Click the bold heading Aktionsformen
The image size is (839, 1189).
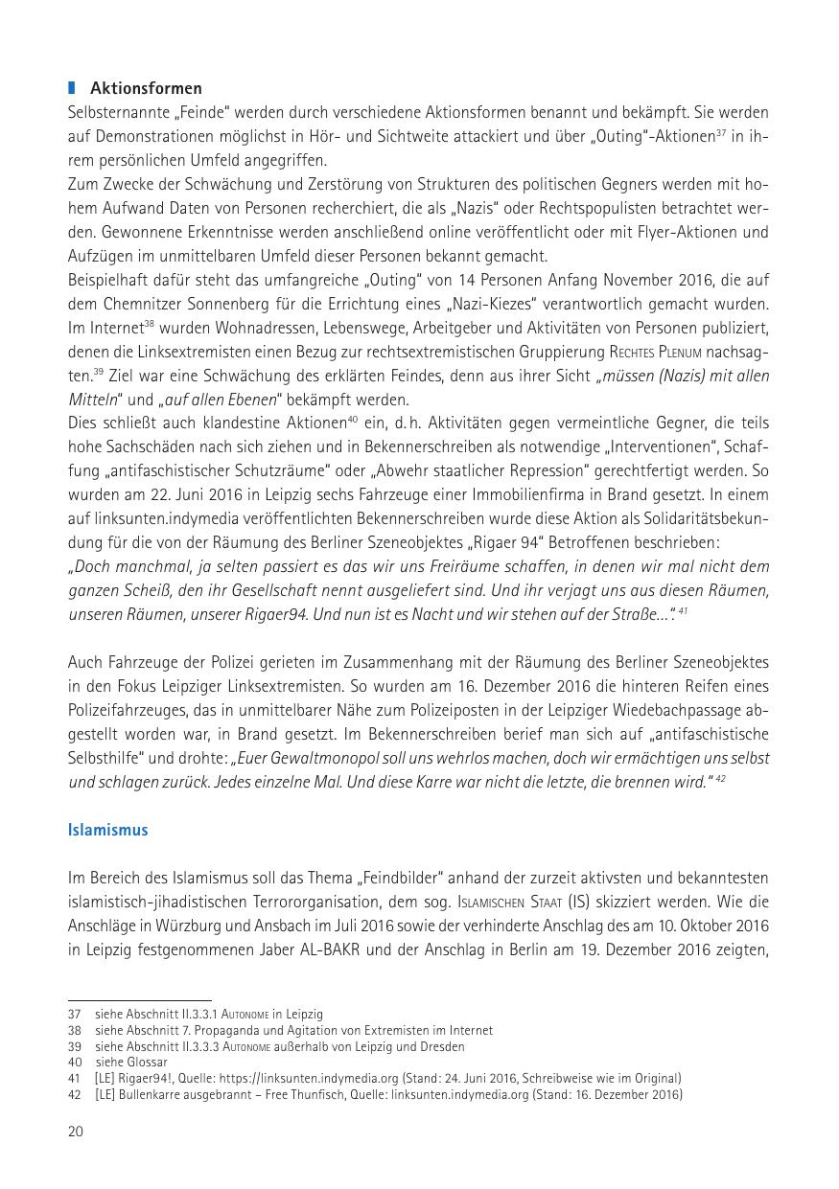point(146,89)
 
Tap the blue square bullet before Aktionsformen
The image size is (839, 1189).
point(72,89)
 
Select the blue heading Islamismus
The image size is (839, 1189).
point(108,830)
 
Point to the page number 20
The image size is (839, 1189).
point(76,1132)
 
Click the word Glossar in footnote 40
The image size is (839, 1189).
point(147,1063)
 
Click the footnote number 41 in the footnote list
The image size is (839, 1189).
point(74,1079)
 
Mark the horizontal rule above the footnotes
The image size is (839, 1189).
point(140,1000)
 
